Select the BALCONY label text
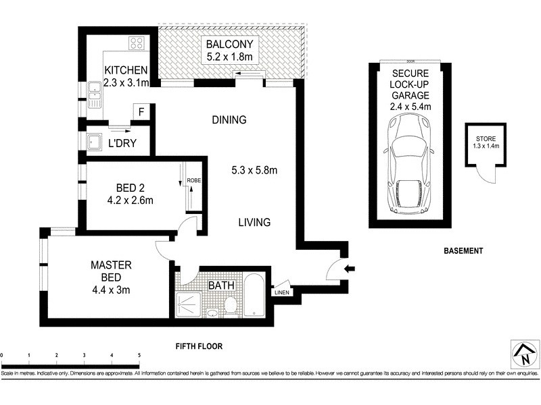(230, 45)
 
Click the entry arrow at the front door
(349, 269)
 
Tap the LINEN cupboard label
(283, 293)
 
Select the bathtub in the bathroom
(256, 296)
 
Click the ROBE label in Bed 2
(194, 181)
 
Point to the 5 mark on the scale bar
(139, 354)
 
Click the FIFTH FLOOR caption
(199, 346)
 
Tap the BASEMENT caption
(463, 251)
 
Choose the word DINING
(229, 120)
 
